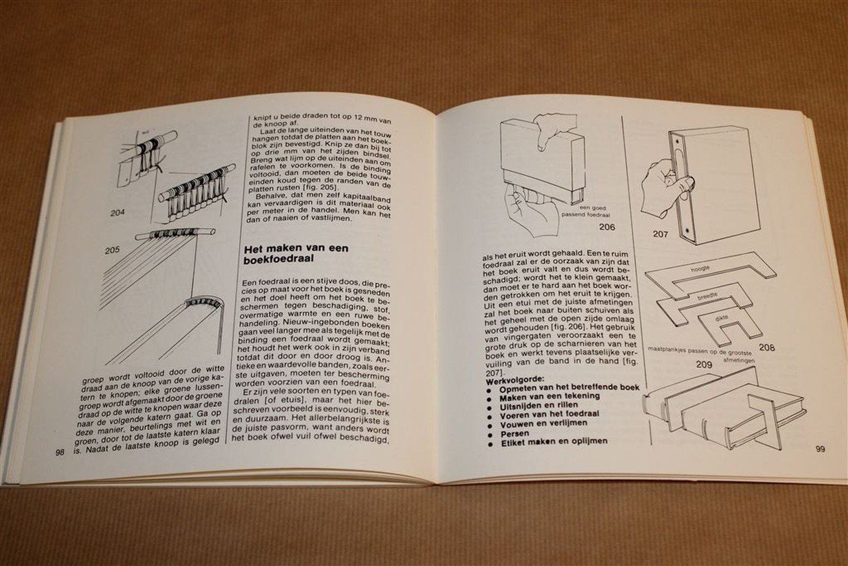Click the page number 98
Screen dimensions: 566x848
click(x=59, y=452)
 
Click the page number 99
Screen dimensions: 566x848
click(x=820, y=449)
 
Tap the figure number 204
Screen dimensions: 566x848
click(x=118, y=212)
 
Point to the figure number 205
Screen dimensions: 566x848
click(x=111, y=249)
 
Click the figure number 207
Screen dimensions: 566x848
click(x=661, y=234)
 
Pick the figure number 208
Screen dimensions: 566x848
click(x=767, y=347)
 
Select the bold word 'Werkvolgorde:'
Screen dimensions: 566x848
click(x=510, y=381)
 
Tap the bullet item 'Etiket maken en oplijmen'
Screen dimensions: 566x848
click(x=553, y=441)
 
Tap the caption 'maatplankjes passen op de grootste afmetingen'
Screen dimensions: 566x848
click(x=701, y=352)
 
